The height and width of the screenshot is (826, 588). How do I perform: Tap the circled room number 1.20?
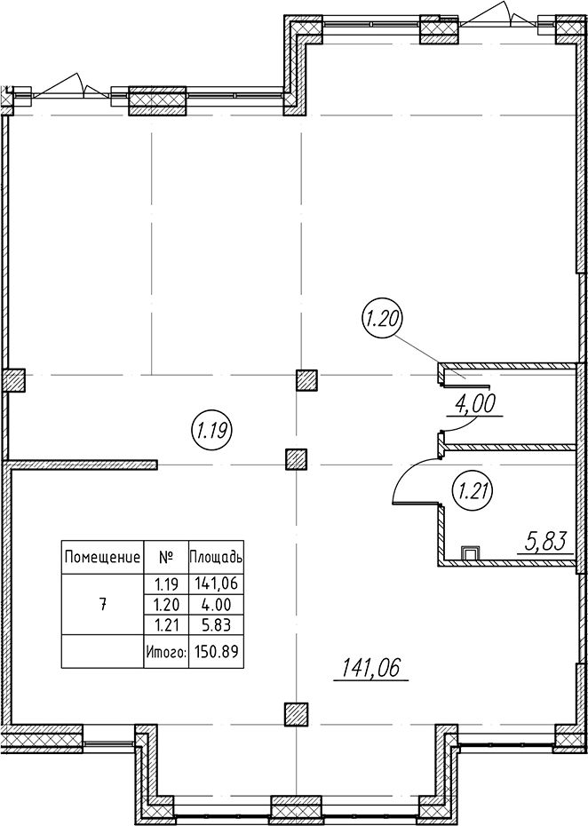tap(383, 320)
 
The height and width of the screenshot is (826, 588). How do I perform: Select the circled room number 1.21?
tap(473, 492)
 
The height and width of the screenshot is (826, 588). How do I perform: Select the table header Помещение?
tap(102, 557)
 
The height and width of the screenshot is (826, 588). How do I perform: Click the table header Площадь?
tap(216, 557)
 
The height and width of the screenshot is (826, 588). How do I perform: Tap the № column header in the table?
tap(166, 556)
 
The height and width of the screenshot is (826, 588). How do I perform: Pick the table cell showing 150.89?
tap(217, 652)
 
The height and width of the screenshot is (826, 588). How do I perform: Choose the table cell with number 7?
tap(102, 605)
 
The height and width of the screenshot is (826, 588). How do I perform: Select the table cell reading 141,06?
tap(217, 584)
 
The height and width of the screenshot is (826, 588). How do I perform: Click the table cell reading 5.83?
tap(217, 624)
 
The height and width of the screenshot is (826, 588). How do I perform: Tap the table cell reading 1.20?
tap(166, 604)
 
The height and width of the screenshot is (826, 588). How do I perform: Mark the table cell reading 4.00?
tap(217, 604)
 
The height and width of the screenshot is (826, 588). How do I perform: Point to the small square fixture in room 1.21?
tap(470, 553)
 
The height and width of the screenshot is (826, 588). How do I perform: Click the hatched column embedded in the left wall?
tap(14, 380)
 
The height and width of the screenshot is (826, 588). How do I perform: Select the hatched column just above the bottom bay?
tap(296, 714)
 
